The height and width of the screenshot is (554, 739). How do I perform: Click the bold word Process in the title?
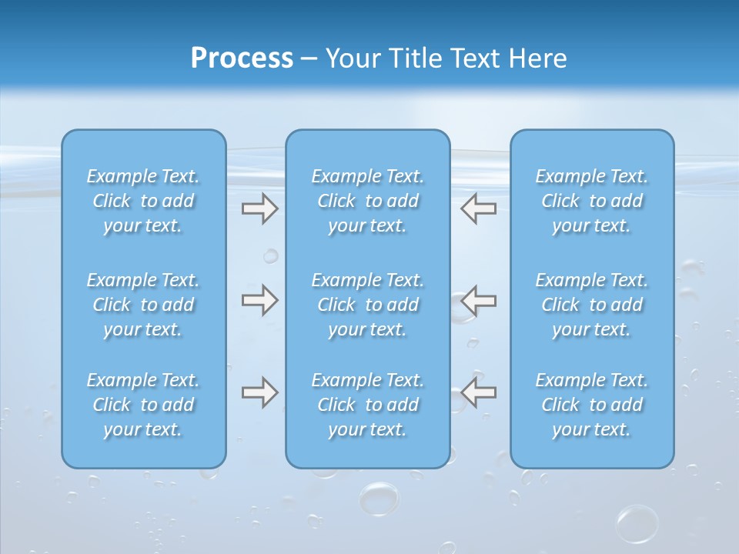242,58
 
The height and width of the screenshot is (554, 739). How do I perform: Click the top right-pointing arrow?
259,209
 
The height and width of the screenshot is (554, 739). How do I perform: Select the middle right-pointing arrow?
259,300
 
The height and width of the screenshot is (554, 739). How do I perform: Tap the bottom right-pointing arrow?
259,392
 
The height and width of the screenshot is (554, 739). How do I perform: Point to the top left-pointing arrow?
478,209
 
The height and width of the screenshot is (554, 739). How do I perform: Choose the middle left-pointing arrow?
478,300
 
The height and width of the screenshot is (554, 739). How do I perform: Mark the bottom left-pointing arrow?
478,392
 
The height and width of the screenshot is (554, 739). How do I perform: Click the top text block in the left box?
143,201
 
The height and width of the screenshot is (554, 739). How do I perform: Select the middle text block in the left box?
143,305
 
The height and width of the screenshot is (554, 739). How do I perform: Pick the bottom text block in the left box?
143,405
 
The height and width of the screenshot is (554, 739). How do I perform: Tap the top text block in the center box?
367,201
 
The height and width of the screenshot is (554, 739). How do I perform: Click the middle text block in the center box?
367,305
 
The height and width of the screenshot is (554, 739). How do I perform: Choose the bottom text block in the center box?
367,405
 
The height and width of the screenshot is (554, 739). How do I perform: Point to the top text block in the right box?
592,201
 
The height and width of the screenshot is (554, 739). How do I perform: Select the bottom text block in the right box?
592,405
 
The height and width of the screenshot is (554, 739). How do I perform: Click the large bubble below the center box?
380,498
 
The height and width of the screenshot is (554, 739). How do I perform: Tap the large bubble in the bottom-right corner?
637,524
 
